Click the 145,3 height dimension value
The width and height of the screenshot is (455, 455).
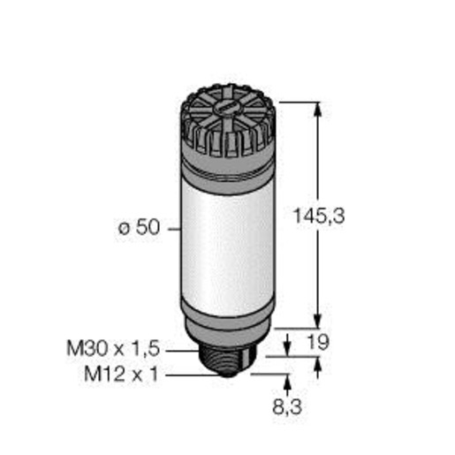[x=319, y=216]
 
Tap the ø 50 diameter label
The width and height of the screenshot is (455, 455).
[x=139, y=227]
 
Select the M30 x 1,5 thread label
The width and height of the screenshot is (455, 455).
[x=113, y=348]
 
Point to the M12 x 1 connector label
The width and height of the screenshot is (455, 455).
[x=121, y=374]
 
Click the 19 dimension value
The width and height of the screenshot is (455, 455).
[x=318, y=342]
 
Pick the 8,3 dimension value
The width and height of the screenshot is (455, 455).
[x=287, y=406]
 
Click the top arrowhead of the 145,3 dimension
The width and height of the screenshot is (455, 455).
[x=317, y=109]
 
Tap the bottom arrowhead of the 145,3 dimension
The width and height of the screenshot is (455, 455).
[x=317, y=321]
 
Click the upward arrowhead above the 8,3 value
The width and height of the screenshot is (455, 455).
[x=288, y=382]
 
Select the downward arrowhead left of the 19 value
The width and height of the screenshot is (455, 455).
[x=287, y=349]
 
